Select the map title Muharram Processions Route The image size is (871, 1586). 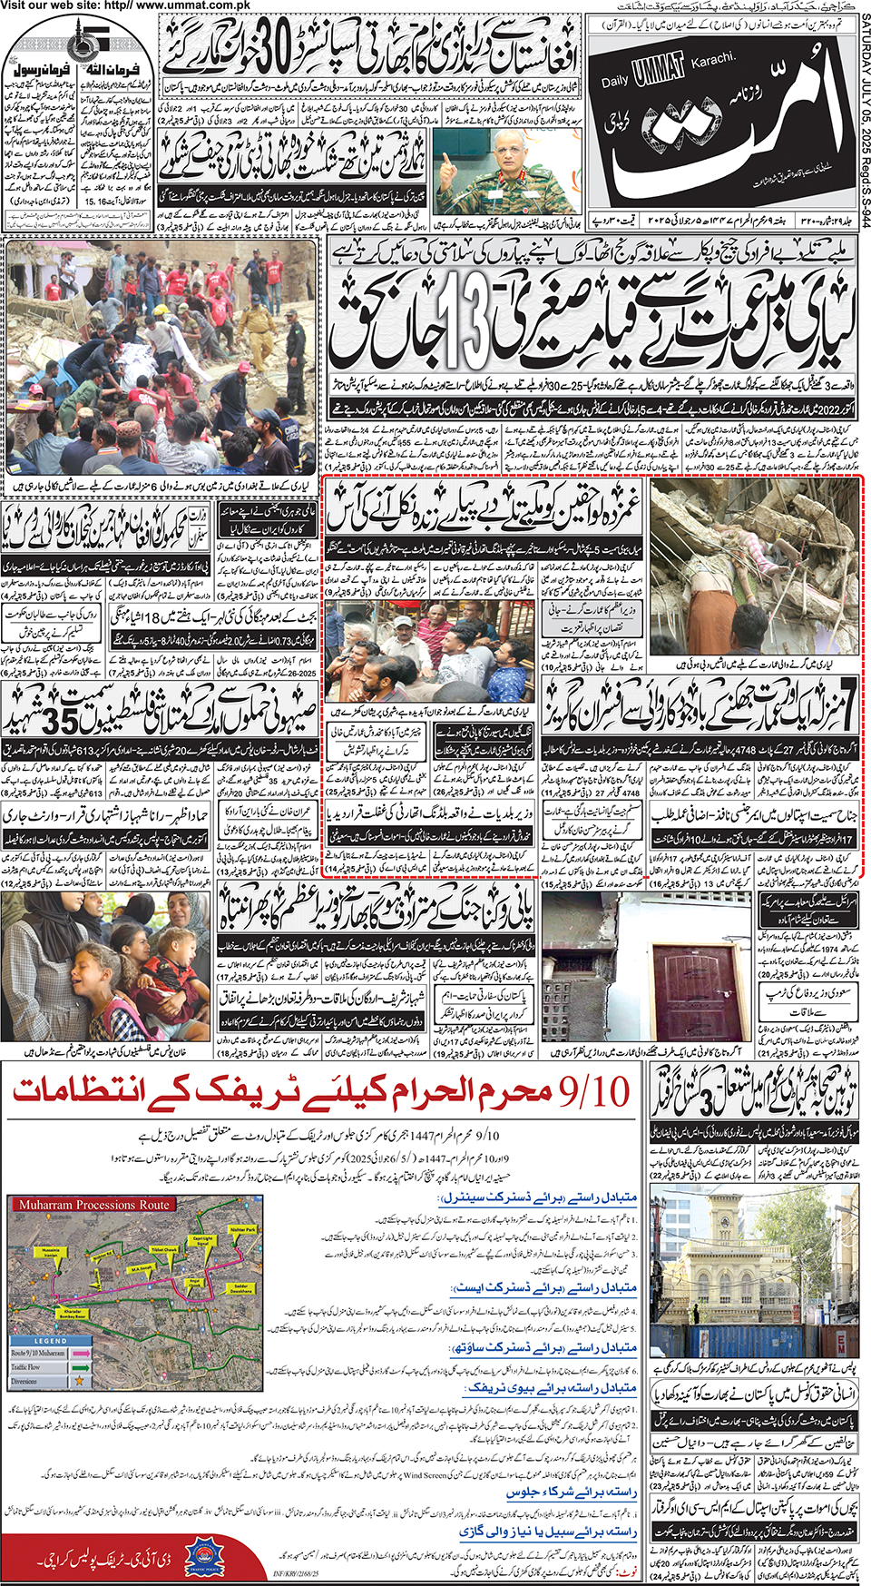(94, 1205)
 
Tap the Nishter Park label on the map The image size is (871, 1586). (242, 1229)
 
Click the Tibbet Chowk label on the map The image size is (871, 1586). (163, 1250)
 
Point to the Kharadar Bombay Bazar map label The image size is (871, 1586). (73, 1313)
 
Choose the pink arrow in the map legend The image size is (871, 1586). (80, 1353)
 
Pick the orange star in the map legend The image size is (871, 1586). (79, 1381)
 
